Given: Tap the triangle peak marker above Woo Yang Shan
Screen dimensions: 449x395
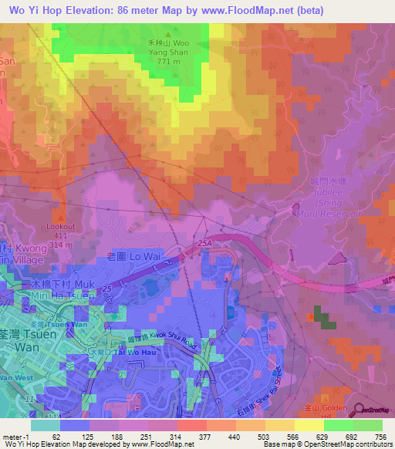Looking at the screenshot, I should point(168,33).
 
